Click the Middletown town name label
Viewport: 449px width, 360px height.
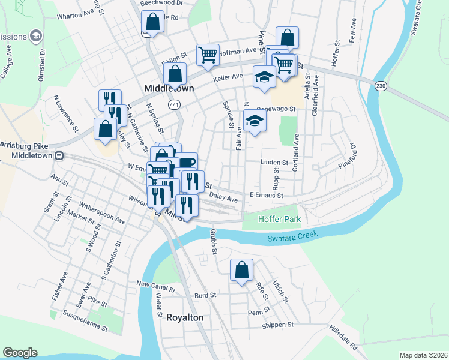coord(169,88)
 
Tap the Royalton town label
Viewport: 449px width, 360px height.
coord(185,317)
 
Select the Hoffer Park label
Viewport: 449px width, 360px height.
coord(279,219)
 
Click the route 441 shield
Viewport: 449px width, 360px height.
coord(174,104)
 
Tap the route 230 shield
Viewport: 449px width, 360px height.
coord(382,86)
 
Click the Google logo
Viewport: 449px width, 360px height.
coord(20,353)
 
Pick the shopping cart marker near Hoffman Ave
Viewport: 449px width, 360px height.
coord(208,55)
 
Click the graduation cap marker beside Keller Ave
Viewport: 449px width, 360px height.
coord(264,77)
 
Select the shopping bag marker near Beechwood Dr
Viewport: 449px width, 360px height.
coord(153,22)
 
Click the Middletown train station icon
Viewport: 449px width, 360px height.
coord(59,155)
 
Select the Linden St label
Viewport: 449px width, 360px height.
coord(274,163)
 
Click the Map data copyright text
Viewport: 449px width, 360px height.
coord(423,355)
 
